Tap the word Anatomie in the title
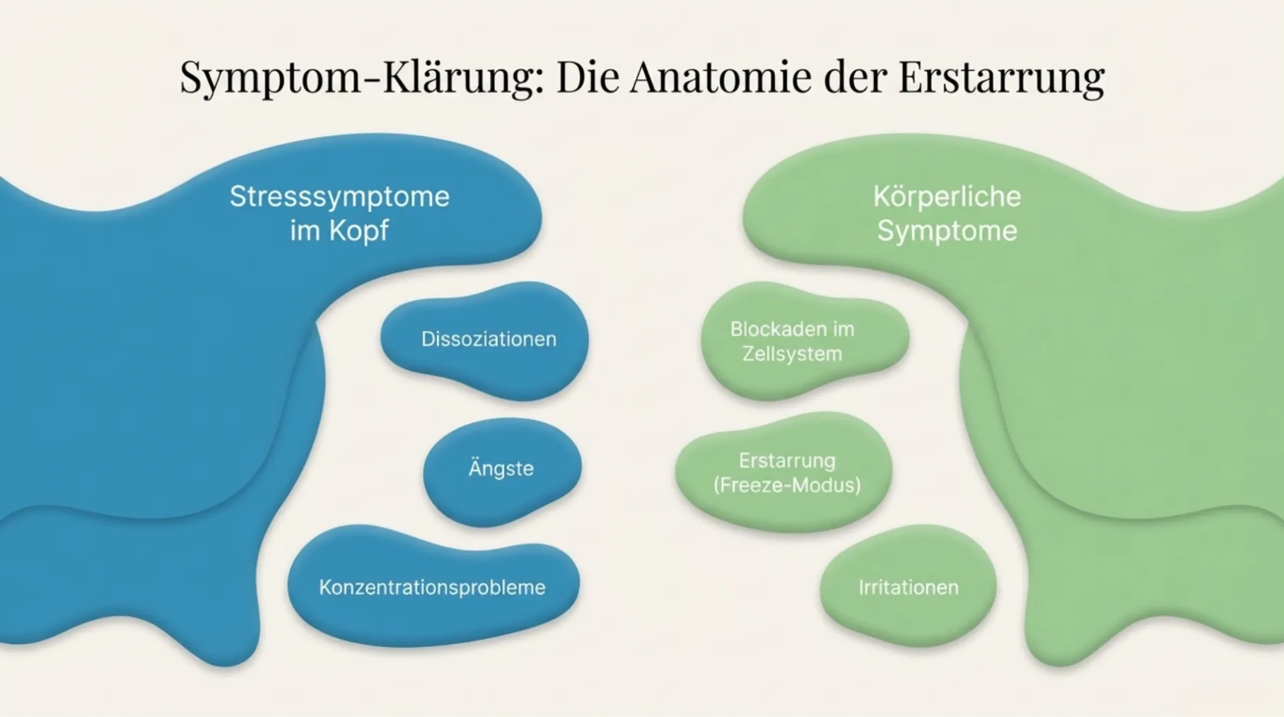click(720, 76)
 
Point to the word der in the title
click(855, 76)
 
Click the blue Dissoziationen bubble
click(485, 340)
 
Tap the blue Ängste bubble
click(502, 471)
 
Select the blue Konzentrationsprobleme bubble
click(433, 585)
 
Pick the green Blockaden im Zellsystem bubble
click(805, 340)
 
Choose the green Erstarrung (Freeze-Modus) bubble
click(783, 472)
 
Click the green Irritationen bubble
click(909, 585)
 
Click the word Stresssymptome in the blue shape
click(339, 197)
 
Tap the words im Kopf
click(339, 231)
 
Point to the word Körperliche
click(947, 197)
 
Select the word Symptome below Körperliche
click(947, 231)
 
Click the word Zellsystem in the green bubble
click(792, 354)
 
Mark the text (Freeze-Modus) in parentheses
click(787, 485)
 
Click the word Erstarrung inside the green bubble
click(787, 461)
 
